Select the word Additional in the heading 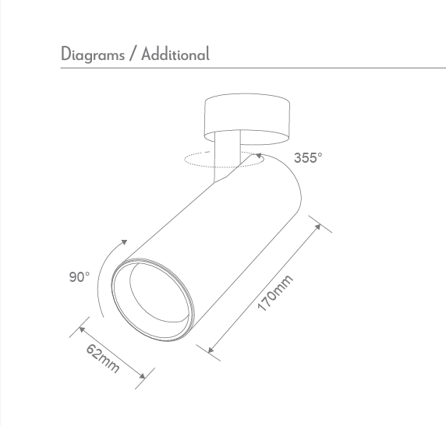175,55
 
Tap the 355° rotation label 308,158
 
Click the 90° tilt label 79,276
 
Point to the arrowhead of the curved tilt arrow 125,242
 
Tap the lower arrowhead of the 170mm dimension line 211,350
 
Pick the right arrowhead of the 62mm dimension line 141,378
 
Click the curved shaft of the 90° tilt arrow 101,280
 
